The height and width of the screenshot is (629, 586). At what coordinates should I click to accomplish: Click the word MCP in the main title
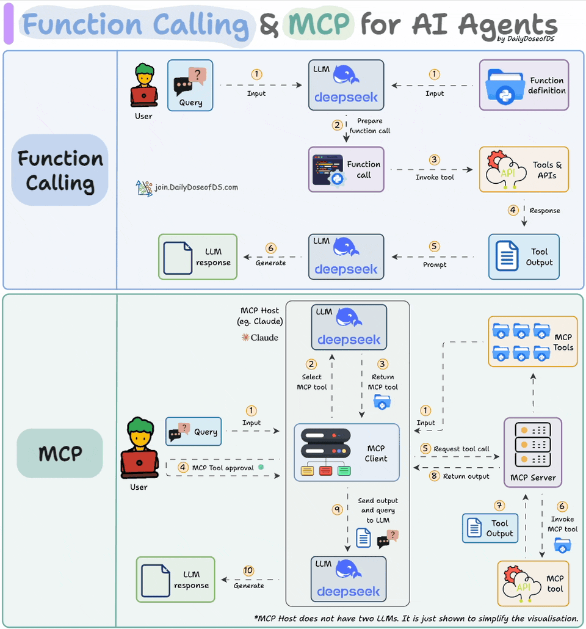coord(319,24)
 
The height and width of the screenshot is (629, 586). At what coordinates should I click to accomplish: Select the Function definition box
coord(524,85)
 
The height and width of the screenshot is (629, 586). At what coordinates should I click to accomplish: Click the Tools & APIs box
coord(524,170)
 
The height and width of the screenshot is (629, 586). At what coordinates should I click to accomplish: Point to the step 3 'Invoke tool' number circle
coord(434,160)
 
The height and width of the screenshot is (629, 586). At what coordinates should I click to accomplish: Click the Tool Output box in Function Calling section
coord(524,256)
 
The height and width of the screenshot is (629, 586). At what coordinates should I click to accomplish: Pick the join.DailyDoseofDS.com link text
coord(196,187)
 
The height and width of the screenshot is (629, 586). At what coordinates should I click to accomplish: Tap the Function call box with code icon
coord(346,169)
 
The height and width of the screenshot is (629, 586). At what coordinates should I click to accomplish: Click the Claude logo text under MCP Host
coord(260,337)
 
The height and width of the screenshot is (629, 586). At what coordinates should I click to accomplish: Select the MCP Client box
coord(347,453)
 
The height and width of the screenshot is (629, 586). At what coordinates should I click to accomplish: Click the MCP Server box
coord(532,453)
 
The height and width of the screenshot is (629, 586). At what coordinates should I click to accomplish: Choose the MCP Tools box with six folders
coord(532,341)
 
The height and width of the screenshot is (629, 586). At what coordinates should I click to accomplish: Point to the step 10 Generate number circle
coord(248,570)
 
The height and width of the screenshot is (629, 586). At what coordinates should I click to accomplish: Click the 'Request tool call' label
coord(461,449)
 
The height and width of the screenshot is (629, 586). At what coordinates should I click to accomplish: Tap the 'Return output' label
coord(466,476)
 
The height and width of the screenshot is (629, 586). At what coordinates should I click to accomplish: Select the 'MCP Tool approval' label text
coord(224,468)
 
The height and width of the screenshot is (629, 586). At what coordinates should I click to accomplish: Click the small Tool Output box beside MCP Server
coord(490,528)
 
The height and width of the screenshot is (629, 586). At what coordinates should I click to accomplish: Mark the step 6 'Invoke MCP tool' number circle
coord(562,506)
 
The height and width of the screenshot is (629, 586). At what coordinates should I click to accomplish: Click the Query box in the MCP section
coord(194,431)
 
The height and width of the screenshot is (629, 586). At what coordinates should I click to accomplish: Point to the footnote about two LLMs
coord(416,618)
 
